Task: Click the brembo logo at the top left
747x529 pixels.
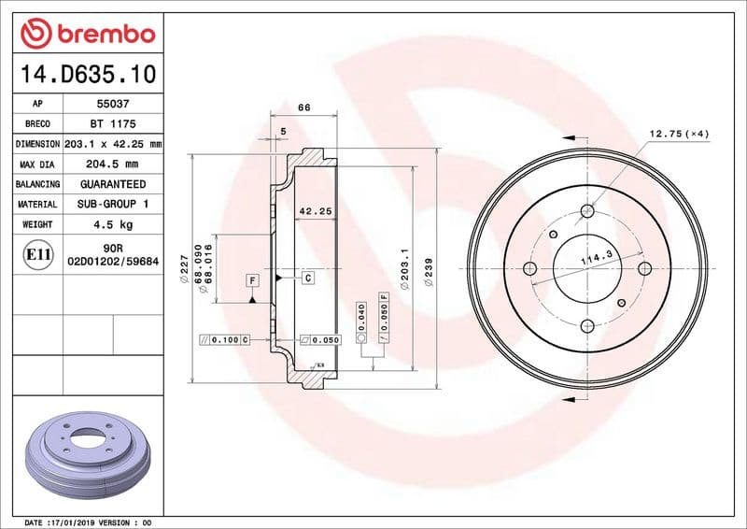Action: point(88,34)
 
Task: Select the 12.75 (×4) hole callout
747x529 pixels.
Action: point(679,135)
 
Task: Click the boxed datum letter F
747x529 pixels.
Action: point(252,279)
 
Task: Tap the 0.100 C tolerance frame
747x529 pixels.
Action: point(225,338)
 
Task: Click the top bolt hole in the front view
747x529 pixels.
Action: point(586,211)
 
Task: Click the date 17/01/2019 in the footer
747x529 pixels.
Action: point(79,521)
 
